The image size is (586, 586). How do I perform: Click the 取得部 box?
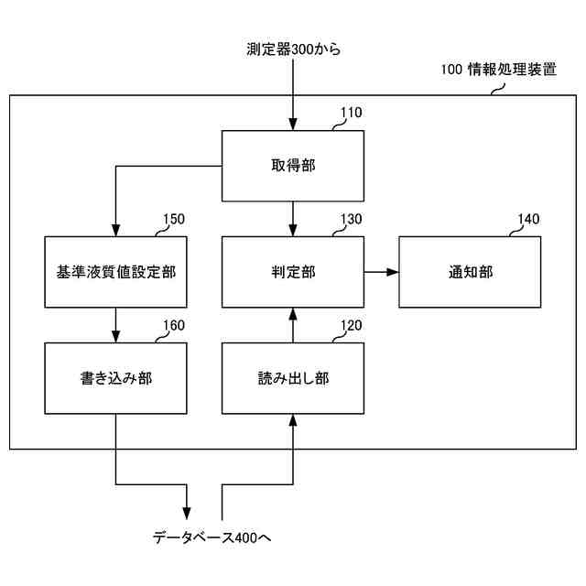click(x=293, y=166)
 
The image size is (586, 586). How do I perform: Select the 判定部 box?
click(x=293, y=272)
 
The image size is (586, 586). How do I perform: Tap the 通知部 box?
click(x=470, y=272)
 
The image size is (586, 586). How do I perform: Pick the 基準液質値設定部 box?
click(x=116, y=272)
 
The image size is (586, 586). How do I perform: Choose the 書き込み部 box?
click(x=116, y=377)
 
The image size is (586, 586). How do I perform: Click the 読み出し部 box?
click(x=293, y=377)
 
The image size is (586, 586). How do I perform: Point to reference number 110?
click(x=351, y=114)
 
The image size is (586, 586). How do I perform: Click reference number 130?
click(x=351, y=220)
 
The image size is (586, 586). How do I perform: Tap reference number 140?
click(x=528, y=220)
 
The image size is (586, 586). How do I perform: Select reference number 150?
click(x=174, y=220)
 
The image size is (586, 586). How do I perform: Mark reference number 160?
click(x=174, y=325)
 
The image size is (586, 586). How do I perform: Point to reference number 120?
click(x=351, y=325)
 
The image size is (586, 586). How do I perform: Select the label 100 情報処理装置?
click(x=498, y=69)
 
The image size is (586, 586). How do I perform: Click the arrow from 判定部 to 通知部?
click(x=381, y=272)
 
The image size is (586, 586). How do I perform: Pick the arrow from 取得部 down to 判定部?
click(x=293, y=219)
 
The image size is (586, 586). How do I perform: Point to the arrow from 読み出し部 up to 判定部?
click(x=293, y=325)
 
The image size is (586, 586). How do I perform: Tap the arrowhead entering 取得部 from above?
click(x=293, y=124)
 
